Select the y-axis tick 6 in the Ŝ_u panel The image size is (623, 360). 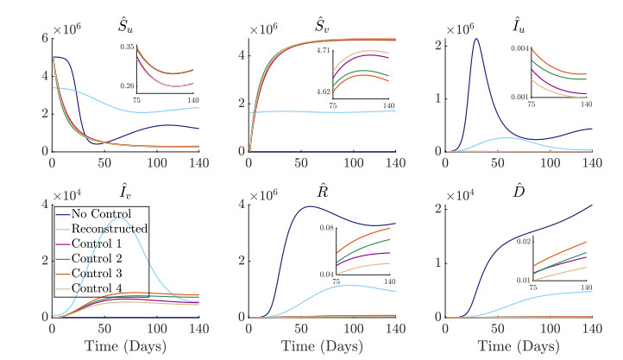tap(42, 39)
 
